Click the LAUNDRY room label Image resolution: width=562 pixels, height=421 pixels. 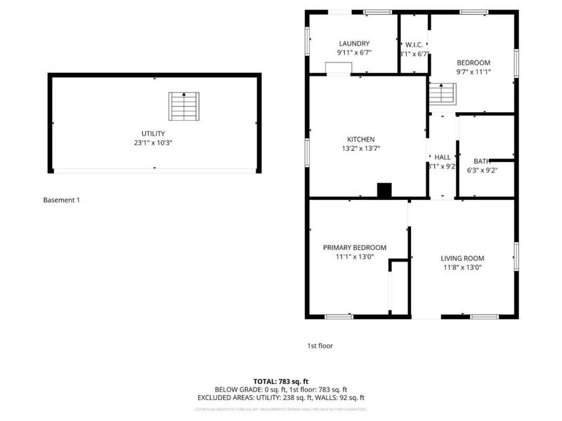tap(354, 44)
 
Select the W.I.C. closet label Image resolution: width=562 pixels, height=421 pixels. tap(413, 44)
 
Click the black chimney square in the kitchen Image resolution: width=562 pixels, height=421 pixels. tap(384, 190)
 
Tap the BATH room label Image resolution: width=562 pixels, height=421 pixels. tap(482, 161)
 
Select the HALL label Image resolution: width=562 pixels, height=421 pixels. tap(443, 157)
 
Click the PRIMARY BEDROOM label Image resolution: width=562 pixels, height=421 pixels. tap(355, 248)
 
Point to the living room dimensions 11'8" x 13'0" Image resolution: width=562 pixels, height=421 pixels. tap(462, 267)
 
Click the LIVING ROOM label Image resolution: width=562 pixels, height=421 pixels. tap(462, 258)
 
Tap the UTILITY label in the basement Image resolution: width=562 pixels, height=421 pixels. tap(152, 133)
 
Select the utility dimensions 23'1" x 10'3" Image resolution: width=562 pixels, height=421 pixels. tap(152, 142)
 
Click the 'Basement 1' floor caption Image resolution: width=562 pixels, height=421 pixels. tap(62, 200)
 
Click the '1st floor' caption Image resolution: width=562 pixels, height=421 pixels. tap(320, 346)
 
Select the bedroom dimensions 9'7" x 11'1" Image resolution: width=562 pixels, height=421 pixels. tap(473, 72)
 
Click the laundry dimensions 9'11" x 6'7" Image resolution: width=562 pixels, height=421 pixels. tap(354, 53)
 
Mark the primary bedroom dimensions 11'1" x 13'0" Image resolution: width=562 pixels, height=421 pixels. tap(355, 257)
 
